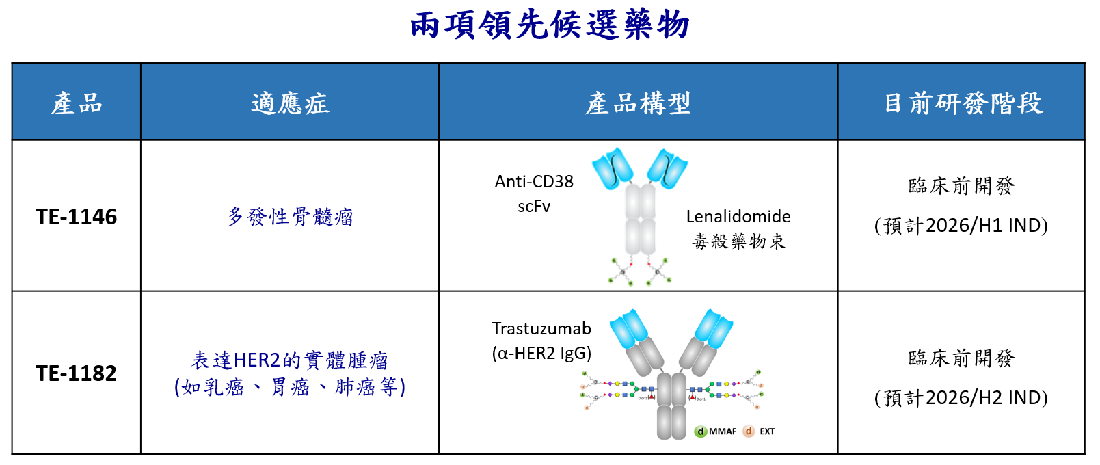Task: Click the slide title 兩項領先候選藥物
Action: pyautogui.click(x=550, y=26)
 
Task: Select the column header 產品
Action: pyautogui.click(x=77, y=103)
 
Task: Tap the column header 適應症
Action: pyautogui.click(x=290, y=103)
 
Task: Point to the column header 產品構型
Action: pyautogui.click(x=638, y=103)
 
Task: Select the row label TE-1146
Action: pyautogui.click(x=77, y=217)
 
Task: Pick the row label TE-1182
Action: pyautogui.click(x=77, y=373)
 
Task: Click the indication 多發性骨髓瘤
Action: pyautogui.click(x=290, y=217)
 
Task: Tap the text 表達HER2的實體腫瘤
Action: pyautogui.click(x=290, y=360)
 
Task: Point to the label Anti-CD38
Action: pyautogui.click(x=534, y=181)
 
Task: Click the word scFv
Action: pyautogui.click(x=534, y=206)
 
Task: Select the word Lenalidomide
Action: pyautogui.click(x=738, y=217)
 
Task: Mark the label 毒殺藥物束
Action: pyautogui.click(x=738, y=241)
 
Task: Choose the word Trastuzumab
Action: pyautogui.click(x=541, y=328)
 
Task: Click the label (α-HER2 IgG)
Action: pyautogui.click(x=541, y=353)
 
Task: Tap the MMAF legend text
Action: pyautogui.click(x=723, y=431)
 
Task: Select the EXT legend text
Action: pyautogui.click(x=767, y=431)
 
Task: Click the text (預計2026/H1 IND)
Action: pyautogui.click(x=961, y=226)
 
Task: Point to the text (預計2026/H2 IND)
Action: pyautogui.click(x=961, y=398)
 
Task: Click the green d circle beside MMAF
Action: pyautogui.click(x=701, y=431)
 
